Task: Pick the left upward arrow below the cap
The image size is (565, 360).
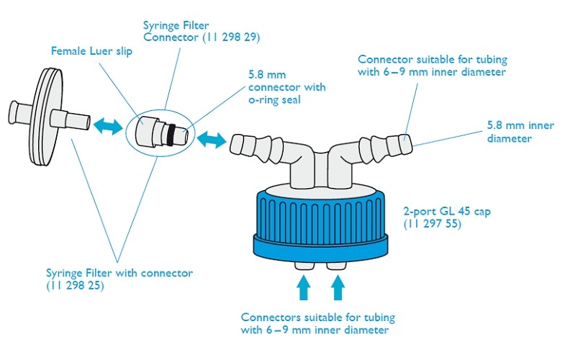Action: pos(303,289)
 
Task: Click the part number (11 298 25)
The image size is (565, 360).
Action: pos(75,285)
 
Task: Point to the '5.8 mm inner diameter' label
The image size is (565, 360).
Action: pos(520,132)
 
